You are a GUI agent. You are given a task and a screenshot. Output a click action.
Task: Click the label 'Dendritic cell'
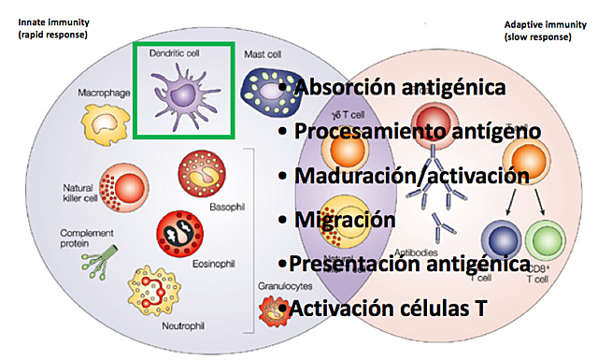point(175,52)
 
